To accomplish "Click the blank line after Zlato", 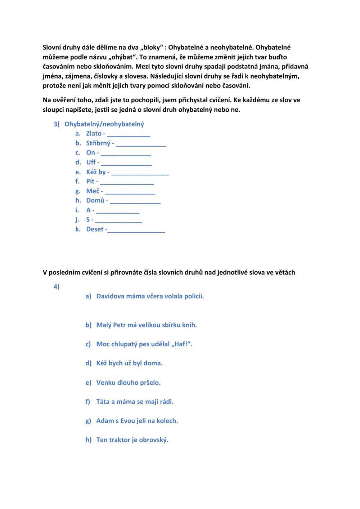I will point(129,135).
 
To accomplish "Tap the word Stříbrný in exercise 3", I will point(98,143).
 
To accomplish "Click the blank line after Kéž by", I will point(140,173).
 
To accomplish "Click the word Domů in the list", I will point(95,200).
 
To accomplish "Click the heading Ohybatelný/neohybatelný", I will point(104,124).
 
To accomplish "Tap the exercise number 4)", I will point(57,287).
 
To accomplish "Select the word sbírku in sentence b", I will point(175,325).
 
